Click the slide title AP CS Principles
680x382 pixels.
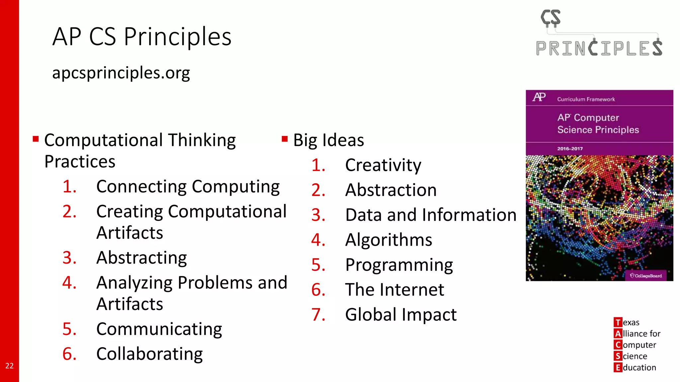142,36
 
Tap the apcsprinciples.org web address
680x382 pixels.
121,73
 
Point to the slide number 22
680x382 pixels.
9,366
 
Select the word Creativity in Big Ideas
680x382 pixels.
383,165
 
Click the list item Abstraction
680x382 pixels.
391,190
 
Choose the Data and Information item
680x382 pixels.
431,215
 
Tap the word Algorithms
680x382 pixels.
388,240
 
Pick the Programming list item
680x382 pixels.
399,265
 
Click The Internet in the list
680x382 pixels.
394,290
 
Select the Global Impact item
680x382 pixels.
401,315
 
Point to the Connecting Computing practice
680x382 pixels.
188,187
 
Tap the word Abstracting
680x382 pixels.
141,258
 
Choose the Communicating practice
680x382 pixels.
159,329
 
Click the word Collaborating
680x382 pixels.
149,354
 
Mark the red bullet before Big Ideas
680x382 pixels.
285,139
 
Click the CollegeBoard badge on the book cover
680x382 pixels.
646,276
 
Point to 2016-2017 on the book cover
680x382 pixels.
570,149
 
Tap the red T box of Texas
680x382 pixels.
618,322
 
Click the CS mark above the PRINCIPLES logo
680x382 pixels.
551,18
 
